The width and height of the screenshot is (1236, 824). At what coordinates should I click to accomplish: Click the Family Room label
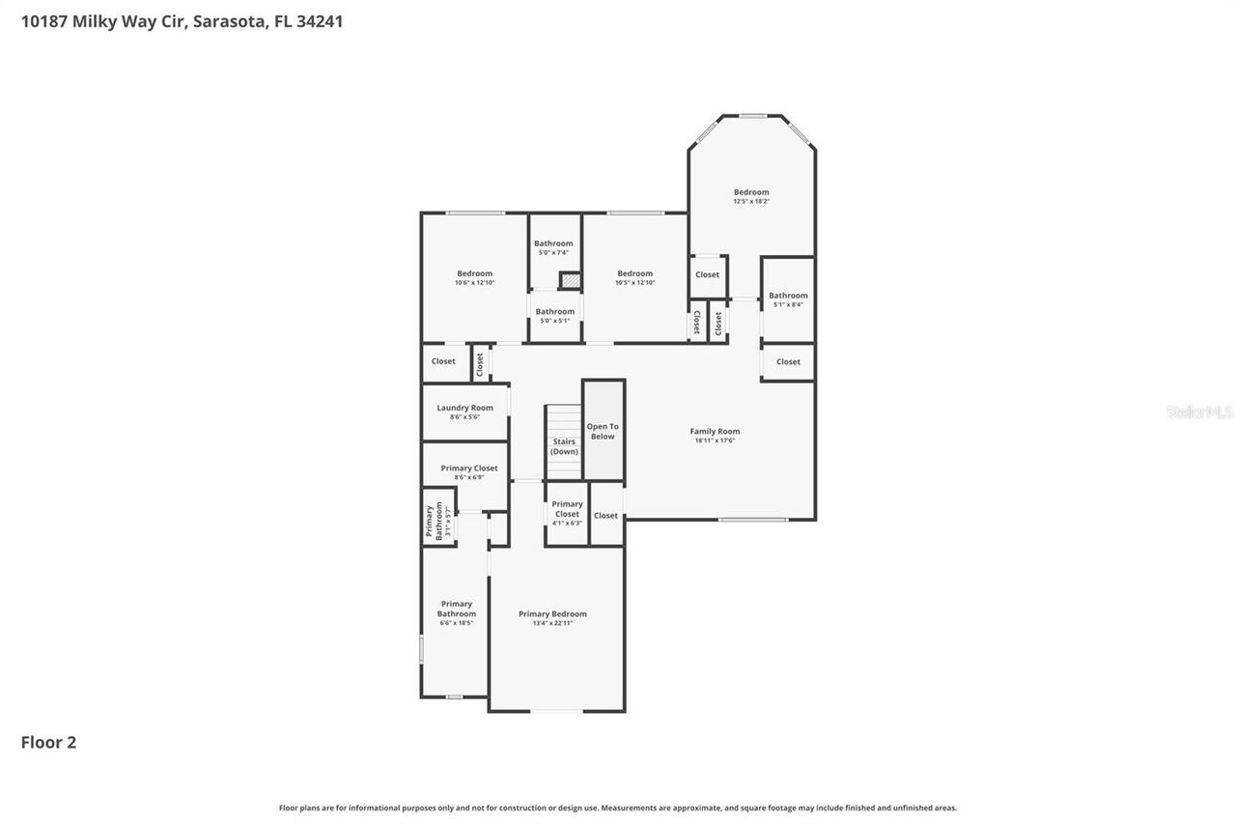pos(715,431)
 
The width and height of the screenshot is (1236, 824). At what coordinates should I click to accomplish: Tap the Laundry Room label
pos(464,408)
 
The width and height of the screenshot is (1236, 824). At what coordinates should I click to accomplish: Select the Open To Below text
pos(603,431)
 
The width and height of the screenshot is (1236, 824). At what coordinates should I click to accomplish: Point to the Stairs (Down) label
pos(564,446)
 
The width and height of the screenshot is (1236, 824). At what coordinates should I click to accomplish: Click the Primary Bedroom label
pos(552,613)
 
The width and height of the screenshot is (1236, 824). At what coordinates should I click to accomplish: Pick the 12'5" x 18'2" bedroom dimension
pos(751,201)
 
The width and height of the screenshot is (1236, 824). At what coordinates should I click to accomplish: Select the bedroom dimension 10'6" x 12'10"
pos(474,282)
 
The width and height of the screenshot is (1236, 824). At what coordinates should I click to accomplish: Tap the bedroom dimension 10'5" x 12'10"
pos(634,282)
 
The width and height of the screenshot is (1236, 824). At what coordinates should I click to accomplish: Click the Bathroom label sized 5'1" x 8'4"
pos(788,296)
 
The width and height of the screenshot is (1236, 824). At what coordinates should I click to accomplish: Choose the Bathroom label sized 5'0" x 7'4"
pos(553,243)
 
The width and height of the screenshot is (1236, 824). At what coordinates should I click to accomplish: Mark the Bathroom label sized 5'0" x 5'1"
pos(555,311)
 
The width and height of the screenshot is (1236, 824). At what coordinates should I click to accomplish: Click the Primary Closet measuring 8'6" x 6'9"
pos(469,469)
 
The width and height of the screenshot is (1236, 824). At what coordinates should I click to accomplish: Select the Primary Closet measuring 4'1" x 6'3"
pos(567,509)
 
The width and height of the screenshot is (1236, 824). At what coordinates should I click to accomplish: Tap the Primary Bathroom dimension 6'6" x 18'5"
pos(456,623)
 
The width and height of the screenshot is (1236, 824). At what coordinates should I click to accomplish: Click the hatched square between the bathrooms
pos(571,280)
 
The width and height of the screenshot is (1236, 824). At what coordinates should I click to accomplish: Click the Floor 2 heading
pos(48,742)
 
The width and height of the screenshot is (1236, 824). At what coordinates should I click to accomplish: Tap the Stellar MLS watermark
pos(1199,412)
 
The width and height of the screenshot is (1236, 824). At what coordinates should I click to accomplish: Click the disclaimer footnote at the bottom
pos(618,808)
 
